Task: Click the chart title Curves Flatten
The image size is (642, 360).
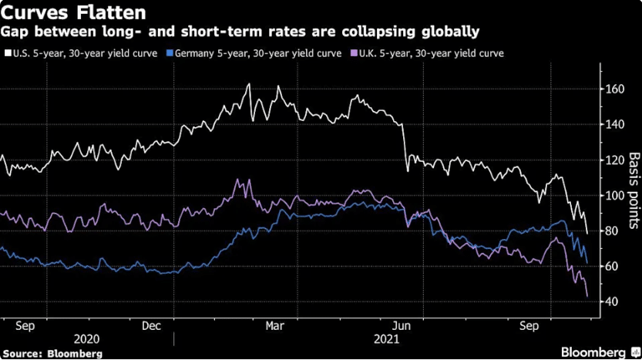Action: pyautogui.click(x=73, y=12)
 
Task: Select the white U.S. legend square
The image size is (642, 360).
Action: pyautogui.click(x=8, y=53)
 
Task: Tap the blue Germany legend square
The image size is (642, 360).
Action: pyautogui.click(x=170, y=53)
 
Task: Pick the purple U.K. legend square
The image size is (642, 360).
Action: pyautogui.click(x=355, y=53)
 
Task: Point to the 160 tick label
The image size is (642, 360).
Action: pyautogui.click(x=615, y=89)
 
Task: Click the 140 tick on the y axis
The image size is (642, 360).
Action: pyautogui.click(x=615, y=125)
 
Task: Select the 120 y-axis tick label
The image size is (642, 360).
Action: pyautogui.click(x=615, y=160)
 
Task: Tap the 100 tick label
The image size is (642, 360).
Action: pyautogui.click(x=615, y=195)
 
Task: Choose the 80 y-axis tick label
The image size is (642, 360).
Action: pyautogui.click(x=613, y=231)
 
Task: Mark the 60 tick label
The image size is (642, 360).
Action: pyautogui.click(x=613, y=266)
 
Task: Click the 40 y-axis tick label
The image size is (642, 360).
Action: pyautogui.click(x=613, y=302)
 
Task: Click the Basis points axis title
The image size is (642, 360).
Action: pyautogui.click(x=634, y=190)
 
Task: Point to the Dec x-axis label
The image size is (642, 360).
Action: pyautogui.click(x=151, y=326)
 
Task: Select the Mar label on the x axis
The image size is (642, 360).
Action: pyautogui.click(x=274, y=326)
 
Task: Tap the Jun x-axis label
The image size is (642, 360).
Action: pyautogui.click(x=402, y=326)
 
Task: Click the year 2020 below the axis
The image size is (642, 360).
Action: pyautogui.click(x=86, y=339)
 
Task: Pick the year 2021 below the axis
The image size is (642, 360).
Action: pyautogui.click(x=387, y=339)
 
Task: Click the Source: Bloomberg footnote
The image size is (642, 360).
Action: pyautogui.click(x=52, y=353)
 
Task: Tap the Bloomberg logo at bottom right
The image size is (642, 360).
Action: pyautogui.click(x=600, y=352)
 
